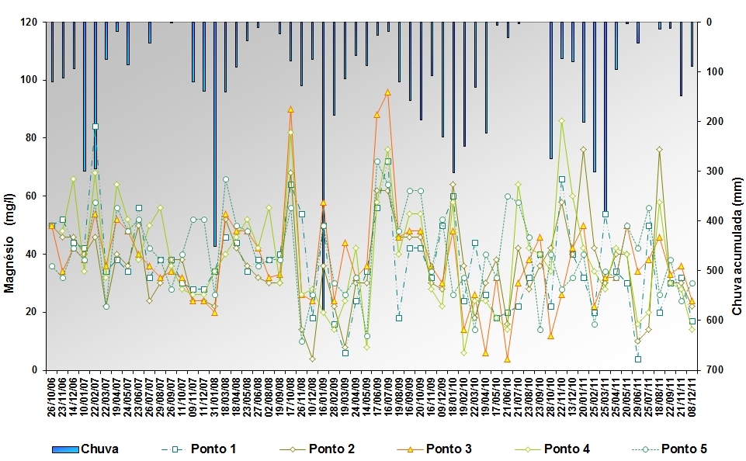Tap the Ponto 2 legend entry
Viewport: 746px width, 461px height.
[326, 449]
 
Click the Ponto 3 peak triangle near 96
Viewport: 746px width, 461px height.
[387, 92]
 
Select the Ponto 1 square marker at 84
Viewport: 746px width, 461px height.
[95, 127]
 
